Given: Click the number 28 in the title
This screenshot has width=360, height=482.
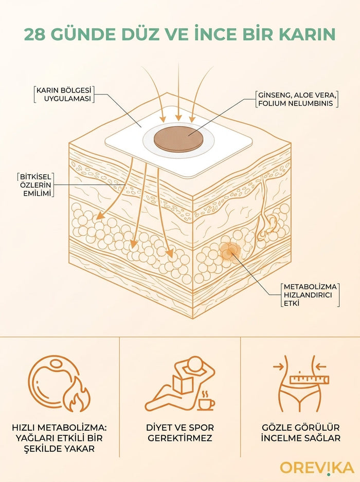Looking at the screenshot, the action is click(35, 34).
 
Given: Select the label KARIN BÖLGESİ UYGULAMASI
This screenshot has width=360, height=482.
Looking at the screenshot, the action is click(64, 95).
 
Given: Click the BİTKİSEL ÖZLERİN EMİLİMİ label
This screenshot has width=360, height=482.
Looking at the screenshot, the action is click(35, 185).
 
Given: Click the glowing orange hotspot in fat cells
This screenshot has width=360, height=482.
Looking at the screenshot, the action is click(229, 252).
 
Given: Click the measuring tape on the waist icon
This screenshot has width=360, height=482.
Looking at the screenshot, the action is click(309, 380).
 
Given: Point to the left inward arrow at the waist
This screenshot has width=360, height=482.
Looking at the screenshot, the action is click(279, 366).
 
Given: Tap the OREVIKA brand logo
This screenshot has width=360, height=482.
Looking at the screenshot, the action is click(317, 468).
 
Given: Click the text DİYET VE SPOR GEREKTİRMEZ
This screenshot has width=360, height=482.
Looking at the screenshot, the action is click(180, 433).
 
